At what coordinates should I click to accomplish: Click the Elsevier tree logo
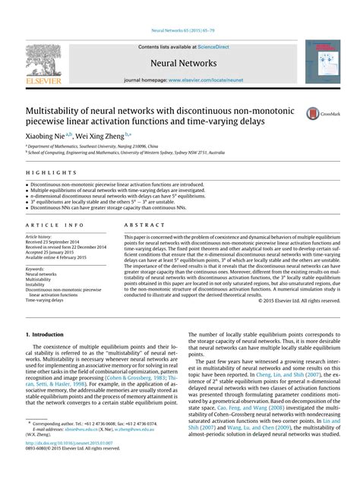pos(44,61)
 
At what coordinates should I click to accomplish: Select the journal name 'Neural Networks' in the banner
pos(179,63)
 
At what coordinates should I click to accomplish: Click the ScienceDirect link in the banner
pos(210,46)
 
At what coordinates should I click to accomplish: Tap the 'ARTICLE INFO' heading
pos(55,225)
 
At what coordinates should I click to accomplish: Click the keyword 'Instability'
pos(38,283)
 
